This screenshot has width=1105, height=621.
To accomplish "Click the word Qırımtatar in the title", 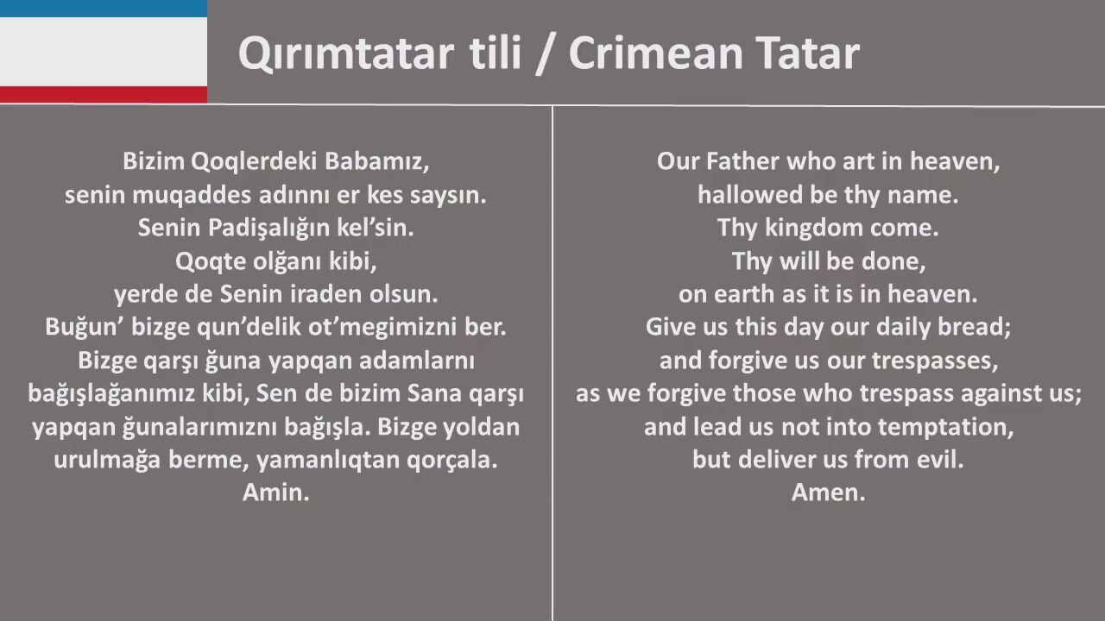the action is (x=346, y=53).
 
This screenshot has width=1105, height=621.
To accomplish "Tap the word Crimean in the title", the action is (x=655, y=53).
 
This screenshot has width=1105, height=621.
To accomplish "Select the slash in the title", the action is (x=545, y=54).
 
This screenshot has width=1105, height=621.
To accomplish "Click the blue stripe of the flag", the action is (x=104, y=9).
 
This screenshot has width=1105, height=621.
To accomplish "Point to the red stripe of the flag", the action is (x=104, y=95).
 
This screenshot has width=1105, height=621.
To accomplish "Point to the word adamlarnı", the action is (x=417, y=361).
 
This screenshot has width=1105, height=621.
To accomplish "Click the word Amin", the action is (x=275, y=492).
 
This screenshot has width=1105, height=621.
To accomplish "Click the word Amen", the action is (x=828, y=492).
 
